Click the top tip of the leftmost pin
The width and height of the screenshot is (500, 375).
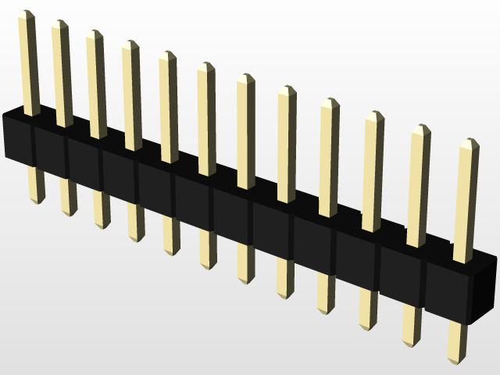click(x=27, y=14)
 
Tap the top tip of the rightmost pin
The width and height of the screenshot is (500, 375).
click(x=469, y=143)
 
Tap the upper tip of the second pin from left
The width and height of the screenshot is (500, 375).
click(x=60, y=24)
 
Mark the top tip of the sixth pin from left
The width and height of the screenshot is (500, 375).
click(x=205, y=66)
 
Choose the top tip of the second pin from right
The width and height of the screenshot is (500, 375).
click(x=420, y=128)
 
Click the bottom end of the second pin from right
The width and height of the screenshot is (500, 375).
click(x=411, y=342)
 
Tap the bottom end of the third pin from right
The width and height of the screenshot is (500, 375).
click(x=367, y=326)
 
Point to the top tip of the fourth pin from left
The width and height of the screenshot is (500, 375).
click(x=130, y=45)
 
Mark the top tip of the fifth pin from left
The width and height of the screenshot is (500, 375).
click(x=167, y=55)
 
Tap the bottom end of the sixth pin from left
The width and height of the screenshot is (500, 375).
click(x=207, y=266)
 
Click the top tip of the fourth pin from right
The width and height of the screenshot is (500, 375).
click(x=329, y=102)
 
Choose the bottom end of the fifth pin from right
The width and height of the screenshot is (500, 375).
click(x=284, y=295)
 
